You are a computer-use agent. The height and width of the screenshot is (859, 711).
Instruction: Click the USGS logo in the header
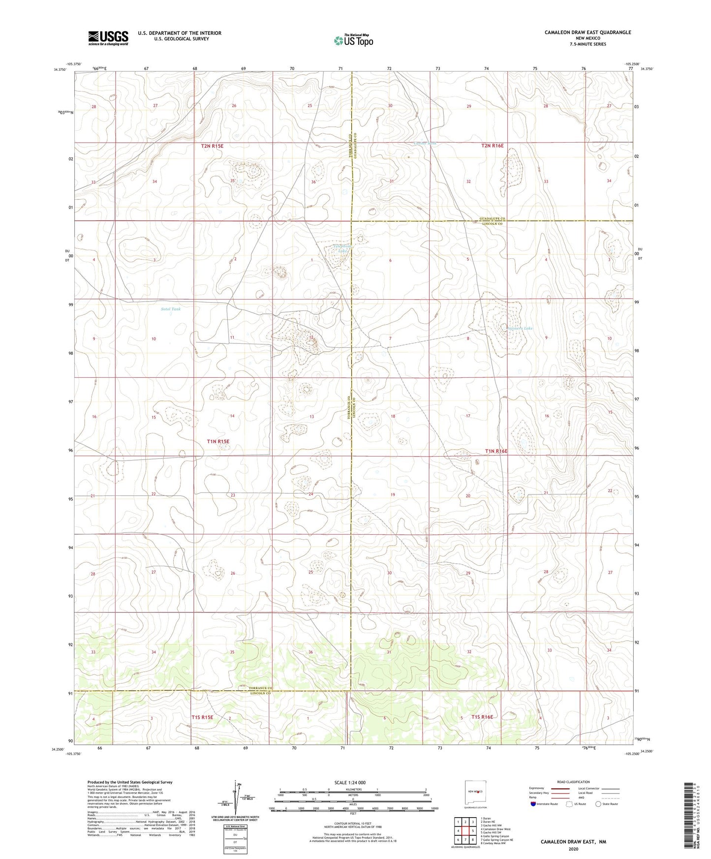click(108, 37)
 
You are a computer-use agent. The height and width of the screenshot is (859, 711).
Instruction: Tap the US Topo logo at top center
click(353, 40)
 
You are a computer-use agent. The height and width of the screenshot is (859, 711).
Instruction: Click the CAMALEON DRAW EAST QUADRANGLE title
click(587, 32)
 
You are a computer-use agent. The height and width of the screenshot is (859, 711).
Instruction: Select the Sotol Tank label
click(171, 309)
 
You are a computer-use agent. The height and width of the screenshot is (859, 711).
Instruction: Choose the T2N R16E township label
click(493, 146)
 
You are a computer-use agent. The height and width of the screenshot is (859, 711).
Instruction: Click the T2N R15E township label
click(212, 146)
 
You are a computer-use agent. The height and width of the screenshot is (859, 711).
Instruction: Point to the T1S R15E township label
click(202, 717)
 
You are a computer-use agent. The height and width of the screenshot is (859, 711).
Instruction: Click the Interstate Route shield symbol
click(533, 804)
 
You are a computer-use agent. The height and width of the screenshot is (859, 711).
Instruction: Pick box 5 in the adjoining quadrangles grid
click(472, 831)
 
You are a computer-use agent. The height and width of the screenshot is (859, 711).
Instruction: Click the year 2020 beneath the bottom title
click(573, 849)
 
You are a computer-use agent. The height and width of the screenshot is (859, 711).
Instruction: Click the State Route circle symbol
click(598, 804)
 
